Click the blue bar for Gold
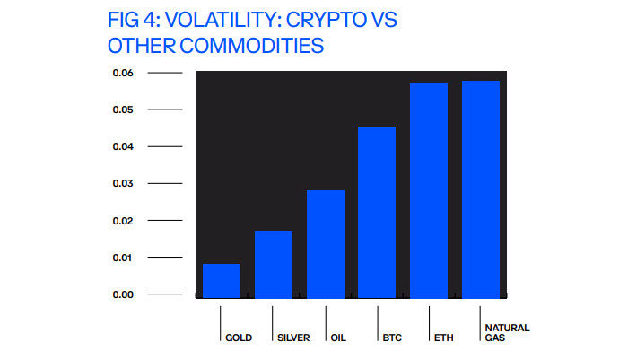click(x=222, y=280)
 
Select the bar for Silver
click(x=274, y=264)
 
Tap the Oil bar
click(x=326, y=243)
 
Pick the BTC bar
click(x=377, y=212)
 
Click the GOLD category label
click(x=239, y=338)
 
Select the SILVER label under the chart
click(x=293, y=338)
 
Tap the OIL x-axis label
click(x=337, y=338)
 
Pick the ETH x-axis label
click(x=441, y=338)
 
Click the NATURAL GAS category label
click(x=506, y=333)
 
